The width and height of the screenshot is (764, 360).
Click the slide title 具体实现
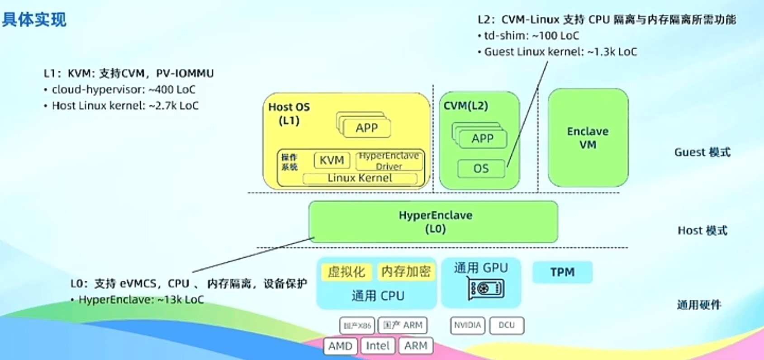[34, 20]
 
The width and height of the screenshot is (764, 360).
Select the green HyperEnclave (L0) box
[433, 222]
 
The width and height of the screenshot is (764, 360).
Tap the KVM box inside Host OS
[332, 160]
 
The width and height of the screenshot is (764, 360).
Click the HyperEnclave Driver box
[389, 161]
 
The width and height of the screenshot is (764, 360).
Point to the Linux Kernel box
[360, 178]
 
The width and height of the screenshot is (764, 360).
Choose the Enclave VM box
[588, 138]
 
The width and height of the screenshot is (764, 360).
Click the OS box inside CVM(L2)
[481, 169]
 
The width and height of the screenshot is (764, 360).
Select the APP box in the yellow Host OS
[366, 128]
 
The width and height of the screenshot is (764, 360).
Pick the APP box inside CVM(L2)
[482, 138]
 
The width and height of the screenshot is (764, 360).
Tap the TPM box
[562, 272]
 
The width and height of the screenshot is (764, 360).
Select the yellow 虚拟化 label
[346, 272]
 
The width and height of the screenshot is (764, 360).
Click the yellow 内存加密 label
[405, 271]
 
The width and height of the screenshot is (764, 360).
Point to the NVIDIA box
[467, 325]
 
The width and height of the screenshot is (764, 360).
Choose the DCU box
[507, 325]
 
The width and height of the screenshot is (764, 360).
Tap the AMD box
[340, 346]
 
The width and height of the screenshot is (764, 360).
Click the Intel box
[378, 346]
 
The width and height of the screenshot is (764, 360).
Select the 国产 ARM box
[402, 325]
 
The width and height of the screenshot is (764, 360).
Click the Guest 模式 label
[702, 152]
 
